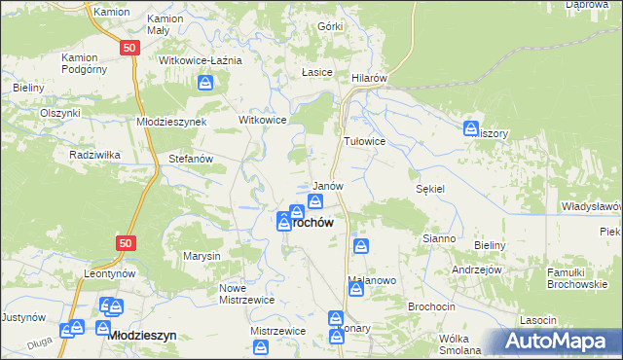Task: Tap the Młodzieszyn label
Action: click(142, 335)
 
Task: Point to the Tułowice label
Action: click(365, 141)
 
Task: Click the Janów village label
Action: click(327, 186)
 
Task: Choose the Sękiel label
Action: click(430, 189)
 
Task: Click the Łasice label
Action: click(317, 73)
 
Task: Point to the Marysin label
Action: click(202, 256)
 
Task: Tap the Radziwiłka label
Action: click(93, 155)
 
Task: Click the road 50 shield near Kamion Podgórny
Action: click(128, 47)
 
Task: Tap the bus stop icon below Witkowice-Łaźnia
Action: click(205, 84)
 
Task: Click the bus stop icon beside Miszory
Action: click(471, 127)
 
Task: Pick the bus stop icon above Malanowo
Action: click(360, 247)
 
